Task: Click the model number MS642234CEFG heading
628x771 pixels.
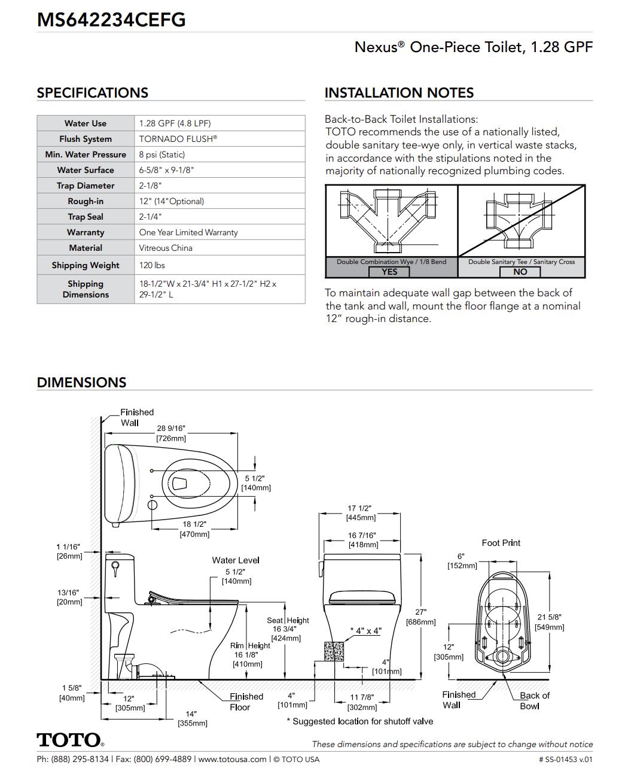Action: (x=111, y=20)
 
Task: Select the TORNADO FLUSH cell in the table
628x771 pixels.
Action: (x=178, y=139)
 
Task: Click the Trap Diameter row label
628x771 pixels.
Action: (x=86, y=186)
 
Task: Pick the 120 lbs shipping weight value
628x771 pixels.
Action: (x=152, y=265)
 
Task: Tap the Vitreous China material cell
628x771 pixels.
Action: (x=166, y=248)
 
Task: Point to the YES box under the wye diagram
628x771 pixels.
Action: (x=389, y=272)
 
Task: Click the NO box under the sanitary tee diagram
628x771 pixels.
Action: (x=520, y=272)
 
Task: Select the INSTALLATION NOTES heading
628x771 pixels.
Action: (x=399, y=93)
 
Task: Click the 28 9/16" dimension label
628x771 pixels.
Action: (x=171, y=429)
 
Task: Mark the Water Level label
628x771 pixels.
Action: (x=236, y=560)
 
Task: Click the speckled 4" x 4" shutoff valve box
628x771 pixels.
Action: (x=334, y=651)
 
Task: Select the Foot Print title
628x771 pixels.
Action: (x=501, y=543)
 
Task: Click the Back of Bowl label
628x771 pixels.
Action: (x=534, y=700)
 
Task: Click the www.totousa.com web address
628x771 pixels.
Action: (x=232, y=759)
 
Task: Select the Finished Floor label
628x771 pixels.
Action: (x=246, y=702)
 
